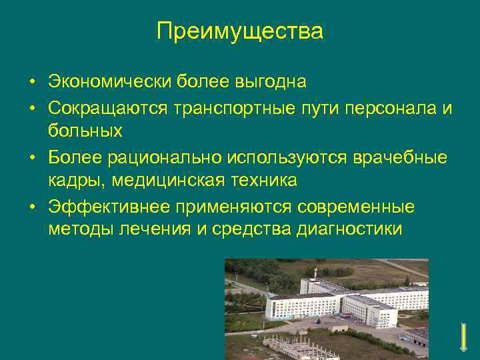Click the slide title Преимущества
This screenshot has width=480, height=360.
coord(240,31)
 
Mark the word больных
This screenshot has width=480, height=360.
coord(85,131)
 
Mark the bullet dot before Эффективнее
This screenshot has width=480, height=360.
coord(32,207)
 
